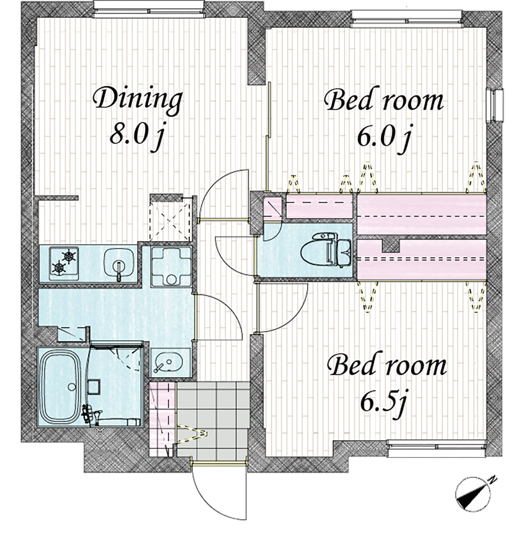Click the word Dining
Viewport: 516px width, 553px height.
tap(137, 101)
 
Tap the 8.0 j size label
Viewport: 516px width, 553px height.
tap(137, 135)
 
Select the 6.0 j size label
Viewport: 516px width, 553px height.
tap(384, 137)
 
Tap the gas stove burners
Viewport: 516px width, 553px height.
tap(64, 263)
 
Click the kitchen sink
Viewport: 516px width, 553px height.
tap(119, 264)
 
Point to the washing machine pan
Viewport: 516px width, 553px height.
tap(171, 266)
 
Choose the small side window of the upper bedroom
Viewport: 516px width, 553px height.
tap(495, 105)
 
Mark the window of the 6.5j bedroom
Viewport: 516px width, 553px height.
tap(437, 445)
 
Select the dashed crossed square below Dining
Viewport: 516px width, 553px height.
tap(170, 219)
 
